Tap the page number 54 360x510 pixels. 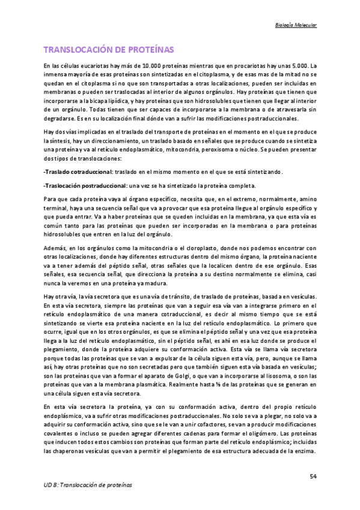pos(313,476)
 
